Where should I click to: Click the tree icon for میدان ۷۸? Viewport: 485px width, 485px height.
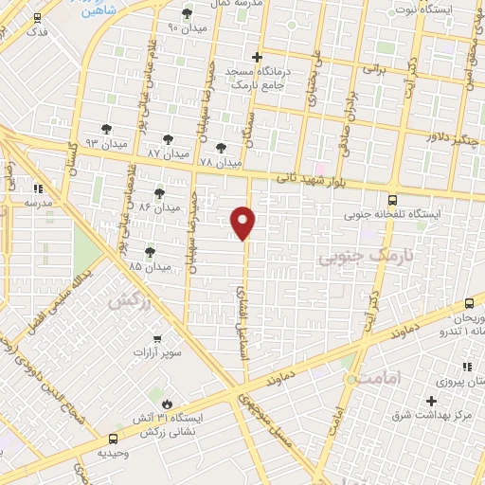point(220,149)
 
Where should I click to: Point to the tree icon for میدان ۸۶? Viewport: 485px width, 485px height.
point(158,192)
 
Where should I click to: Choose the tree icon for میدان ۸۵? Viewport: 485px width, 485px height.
point(149,252)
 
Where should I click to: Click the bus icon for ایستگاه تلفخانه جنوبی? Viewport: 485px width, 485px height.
point(392,200)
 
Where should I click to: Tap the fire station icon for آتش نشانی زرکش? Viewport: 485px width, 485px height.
point(149,393)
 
